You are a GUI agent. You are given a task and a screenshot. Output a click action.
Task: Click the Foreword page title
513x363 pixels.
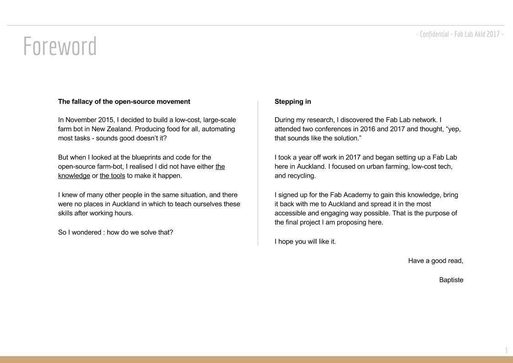coord(60,46)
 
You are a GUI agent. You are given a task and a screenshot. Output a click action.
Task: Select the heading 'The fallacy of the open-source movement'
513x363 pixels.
coord(124,101)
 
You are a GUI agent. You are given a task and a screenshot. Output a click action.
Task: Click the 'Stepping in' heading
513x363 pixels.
coord(292,101)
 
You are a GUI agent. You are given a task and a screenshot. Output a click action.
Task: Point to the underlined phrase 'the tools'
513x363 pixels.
coord(112,176)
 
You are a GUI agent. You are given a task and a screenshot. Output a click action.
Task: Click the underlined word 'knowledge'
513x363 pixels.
coord(74,176)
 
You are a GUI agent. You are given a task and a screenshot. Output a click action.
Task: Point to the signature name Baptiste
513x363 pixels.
coord(451,280)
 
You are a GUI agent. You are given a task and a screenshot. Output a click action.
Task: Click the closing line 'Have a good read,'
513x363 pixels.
coord(436,261)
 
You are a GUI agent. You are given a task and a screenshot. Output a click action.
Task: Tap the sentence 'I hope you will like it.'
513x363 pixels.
coord(305,241)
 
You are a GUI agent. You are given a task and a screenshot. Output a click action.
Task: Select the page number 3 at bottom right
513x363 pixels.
coord(506,351)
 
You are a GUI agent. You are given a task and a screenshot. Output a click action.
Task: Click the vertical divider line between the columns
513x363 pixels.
coord(258,173)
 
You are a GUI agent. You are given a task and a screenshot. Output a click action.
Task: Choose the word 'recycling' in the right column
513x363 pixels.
coord(300,176)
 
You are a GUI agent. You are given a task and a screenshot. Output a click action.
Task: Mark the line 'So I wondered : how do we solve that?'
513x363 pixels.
coord(116,232)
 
